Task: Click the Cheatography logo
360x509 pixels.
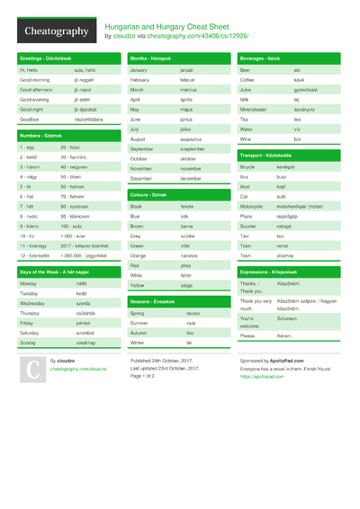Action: [56, 31]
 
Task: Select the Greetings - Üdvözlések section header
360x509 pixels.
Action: [46, 58]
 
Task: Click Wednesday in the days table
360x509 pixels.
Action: [33, 303]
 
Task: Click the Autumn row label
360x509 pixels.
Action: [140, 333]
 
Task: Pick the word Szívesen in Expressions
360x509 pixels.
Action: [287, 317]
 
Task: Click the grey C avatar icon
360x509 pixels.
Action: [31, 369]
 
